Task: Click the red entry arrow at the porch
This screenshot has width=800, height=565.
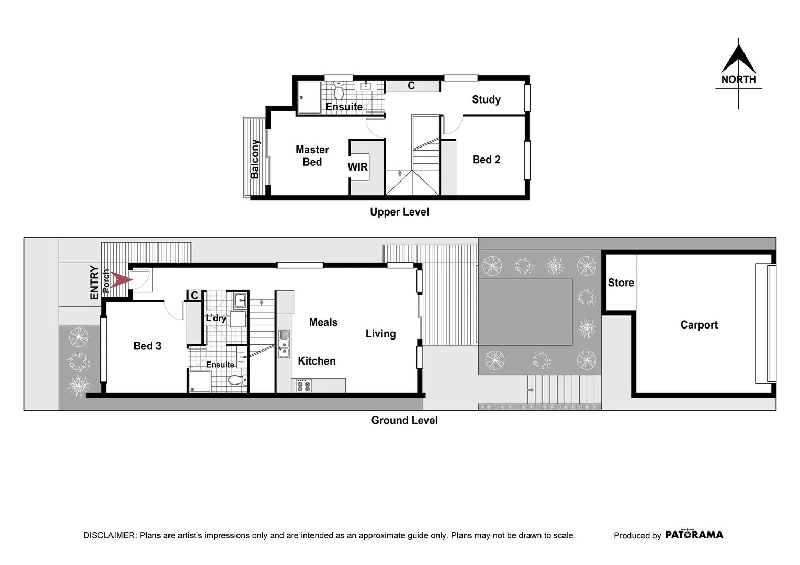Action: click(122, 280)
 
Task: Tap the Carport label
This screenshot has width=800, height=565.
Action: click(698, 325)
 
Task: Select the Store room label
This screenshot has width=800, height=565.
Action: click(621, 282)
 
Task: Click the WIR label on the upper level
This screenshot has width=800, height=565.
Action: click(358, 167)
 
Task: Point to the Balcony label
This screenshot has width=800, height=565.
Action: click(255, 159)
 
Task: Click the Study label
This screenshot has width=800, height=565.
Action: click(486, 99)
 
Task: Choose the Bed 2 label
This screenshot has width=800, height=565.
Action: click(486, 160)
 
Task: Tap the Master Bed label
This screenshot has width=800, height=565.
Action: click(312, 156)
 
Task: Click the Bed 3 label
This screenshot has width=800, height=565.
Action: click(147, 346)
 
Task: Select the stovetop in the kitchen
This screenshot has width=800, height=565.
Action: click(303, 386)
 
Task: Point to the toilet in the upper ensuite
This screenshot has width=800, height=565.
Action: click(339, 91)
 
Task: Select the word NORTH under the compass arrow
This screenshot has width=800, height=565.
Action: click(738, 80)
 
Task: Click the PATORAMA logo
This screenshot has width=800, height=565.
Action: click(694, 535)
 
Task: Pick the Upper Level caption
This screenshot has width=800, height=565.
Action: click(399, 212)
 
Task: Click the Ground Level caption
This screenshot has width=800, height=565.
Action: click(404, 420)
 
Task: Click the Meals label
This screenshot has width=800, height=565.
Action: click(323, 322)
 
